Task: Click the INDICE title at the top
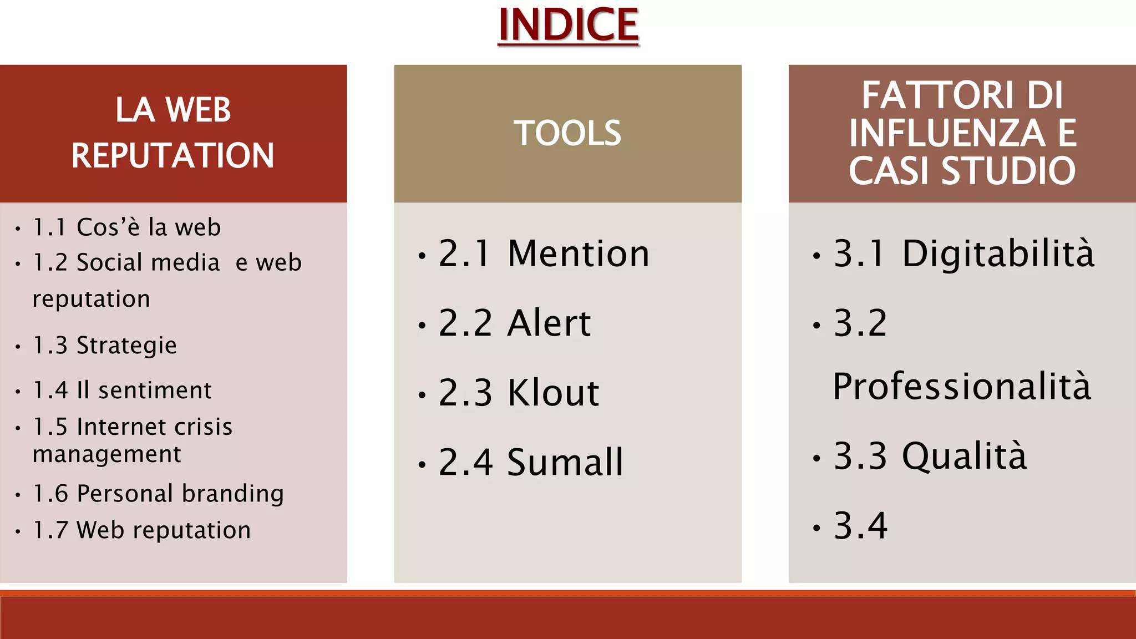pos(568,25)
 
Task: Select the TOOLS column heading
pos(567,133)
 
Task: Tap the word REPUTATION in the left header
pos(173,155)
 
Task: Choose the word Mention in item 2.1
pos(578,253)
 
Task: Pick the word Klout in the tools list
pos(553,393)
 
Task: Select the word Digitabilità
pos(998,253)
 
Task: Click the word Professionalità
pos(962,386)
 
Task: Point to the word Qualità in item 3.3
pos(964,456)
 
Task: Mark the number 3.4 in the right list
pos(860,525)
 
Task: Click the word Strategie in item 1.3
pos(126,346)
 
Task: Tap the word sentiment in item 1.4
pos(155,390)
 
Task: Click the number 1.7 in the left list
pos(50,530)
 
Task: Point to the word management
pos(106,454)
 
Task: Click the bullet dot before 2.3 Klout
pos(422,395)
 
